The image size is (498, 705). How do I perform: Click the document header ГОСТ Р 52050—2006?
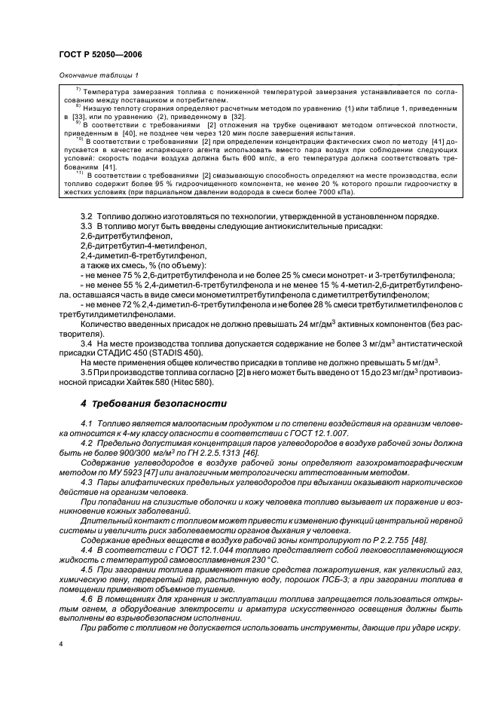(x=100, y=54)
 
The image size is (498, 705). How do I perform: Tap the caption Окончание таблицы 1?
(x=98, y=75)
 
